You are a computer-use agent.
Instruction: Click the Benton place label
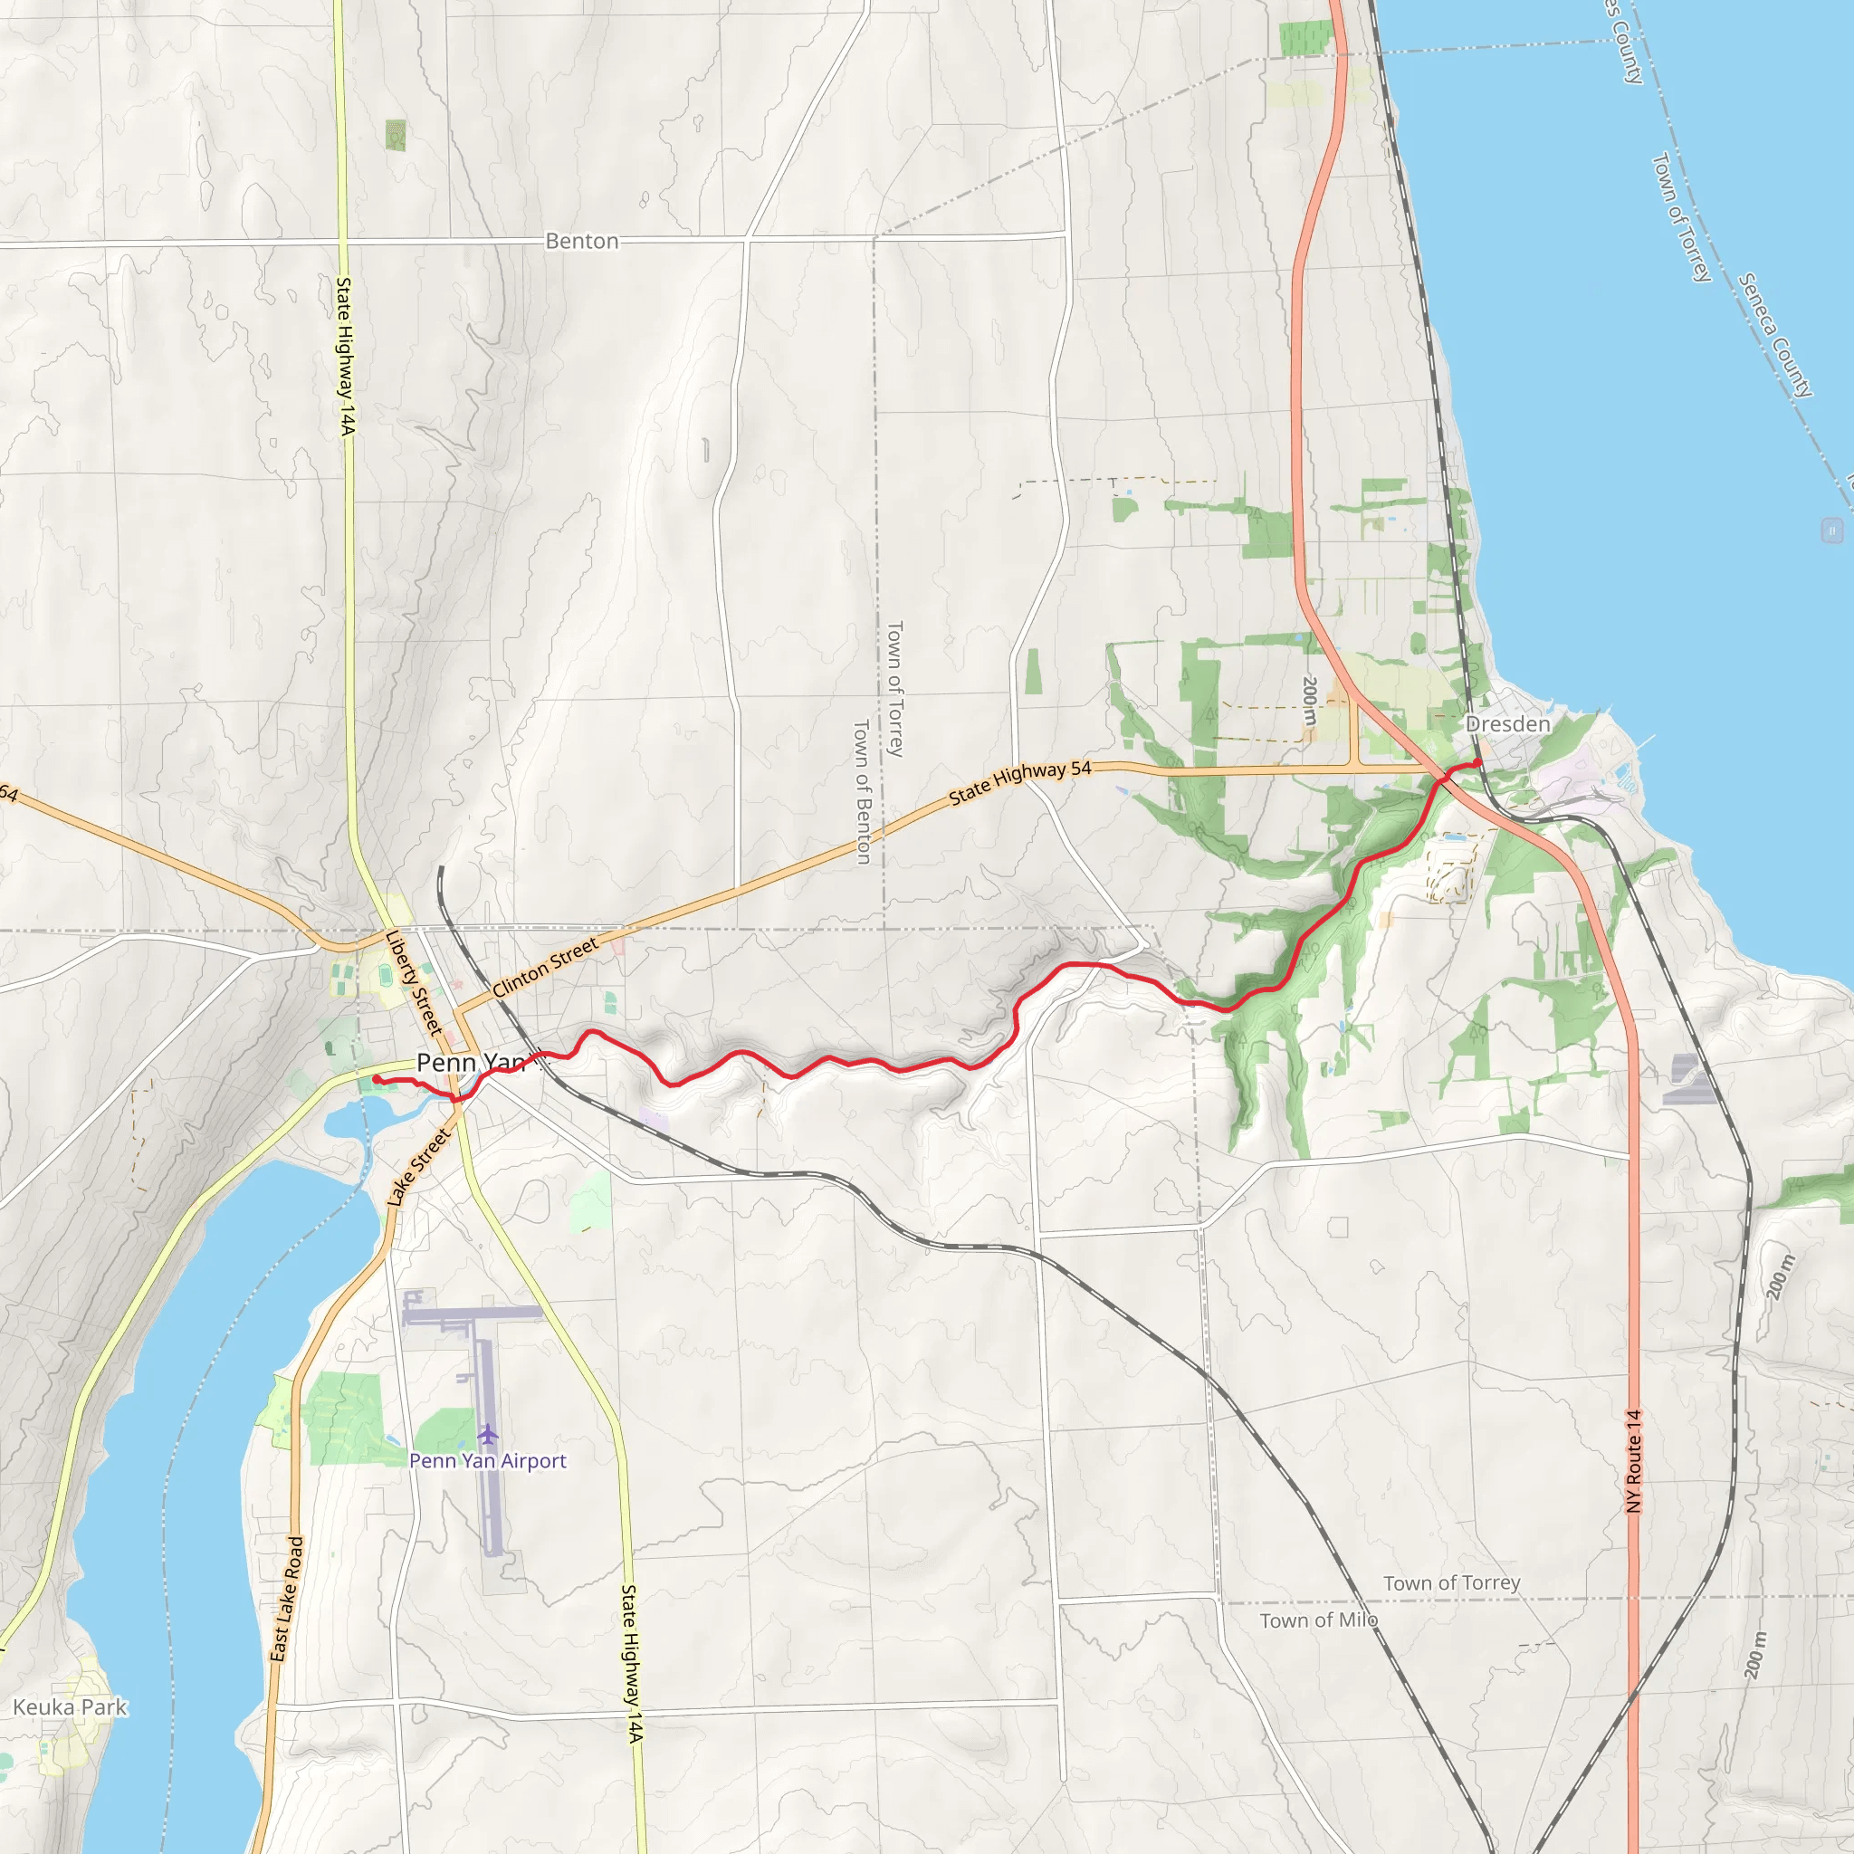click(581, 241)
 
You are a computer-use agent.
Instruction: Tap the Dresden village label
click(1506, 723)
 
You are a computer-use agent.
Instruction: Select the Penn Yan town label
click(471, 1062)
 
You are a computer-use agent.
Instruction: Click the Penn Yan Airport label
click(488, 1460)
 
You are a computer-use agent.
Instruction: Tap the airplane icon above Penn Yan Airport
click(489, 1435)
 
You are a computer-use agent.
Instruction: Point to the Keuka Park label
click(69, 1707)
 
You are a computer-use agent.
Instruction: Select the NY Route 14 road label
click(1633, 1460)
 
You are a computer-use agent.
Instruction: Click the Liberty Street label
click(414, 982)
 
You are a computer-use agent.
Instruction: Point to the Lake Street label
click(418, 1167)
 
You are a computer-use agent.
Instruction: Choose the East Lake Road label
click(286, 1599)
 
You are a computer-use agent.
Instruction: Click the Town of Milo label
click(1318, 1620)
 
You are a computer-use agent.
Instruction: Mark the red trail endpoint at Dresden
click(1477, 763)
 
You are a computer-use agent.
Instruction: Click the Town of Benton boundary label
click(862, 792)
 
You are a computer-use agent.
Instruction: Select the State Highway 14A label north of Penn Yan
click(345, 356)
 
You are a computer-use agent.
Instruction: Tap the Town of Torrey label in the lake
click(1680, 218)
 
